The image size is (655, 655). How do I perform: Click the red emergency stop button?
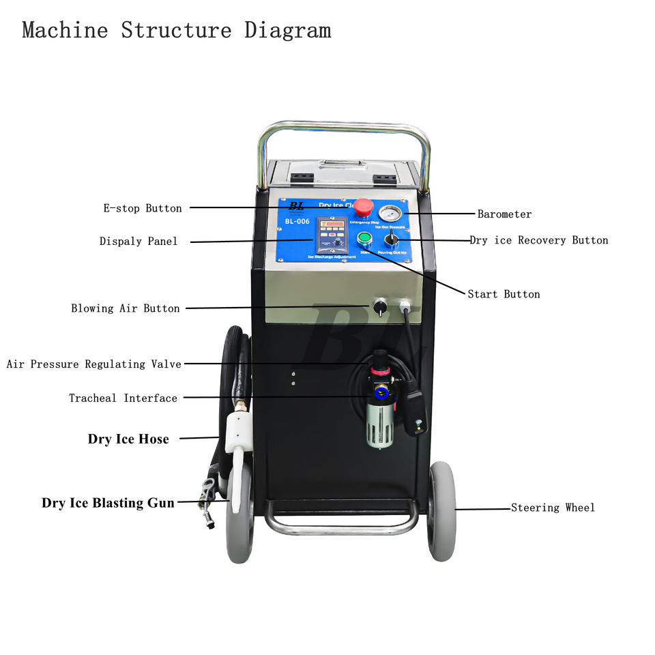[x=364, y=206]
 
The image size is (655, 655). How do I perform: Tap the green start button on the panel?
[x=364, y=238]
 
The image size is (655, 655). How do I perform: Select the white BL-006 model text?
[x=297, y=221]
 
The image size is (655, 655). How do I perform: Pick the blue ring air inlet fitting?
[x=379, y=394]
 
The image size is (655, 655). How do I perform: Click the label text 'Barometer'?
[x=504, y=214]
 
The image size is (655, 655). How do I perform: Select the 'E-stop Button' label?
[x=143, y=208]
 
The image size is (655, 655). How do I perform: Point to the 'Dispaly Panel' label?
[x=139, y=242]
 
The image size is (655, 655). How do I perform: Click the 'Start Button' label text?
[x=504, y=295]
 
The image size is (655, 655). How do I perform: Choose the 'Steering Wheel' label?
[x=553, y=508]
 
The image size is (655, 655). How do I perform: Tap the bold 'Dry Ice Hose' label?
[x=128, y=439]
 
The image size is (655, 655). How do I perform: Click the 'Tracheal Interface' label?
[x=123, y=398]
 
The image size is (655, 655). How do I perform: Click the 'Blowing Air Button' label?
[x=126, y=308]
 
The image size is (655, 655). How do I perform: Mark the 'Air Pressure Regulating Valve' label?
[x=94, y=364]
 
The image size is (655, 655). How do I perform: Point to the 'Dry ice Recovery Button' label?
[x=538, y=240]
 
